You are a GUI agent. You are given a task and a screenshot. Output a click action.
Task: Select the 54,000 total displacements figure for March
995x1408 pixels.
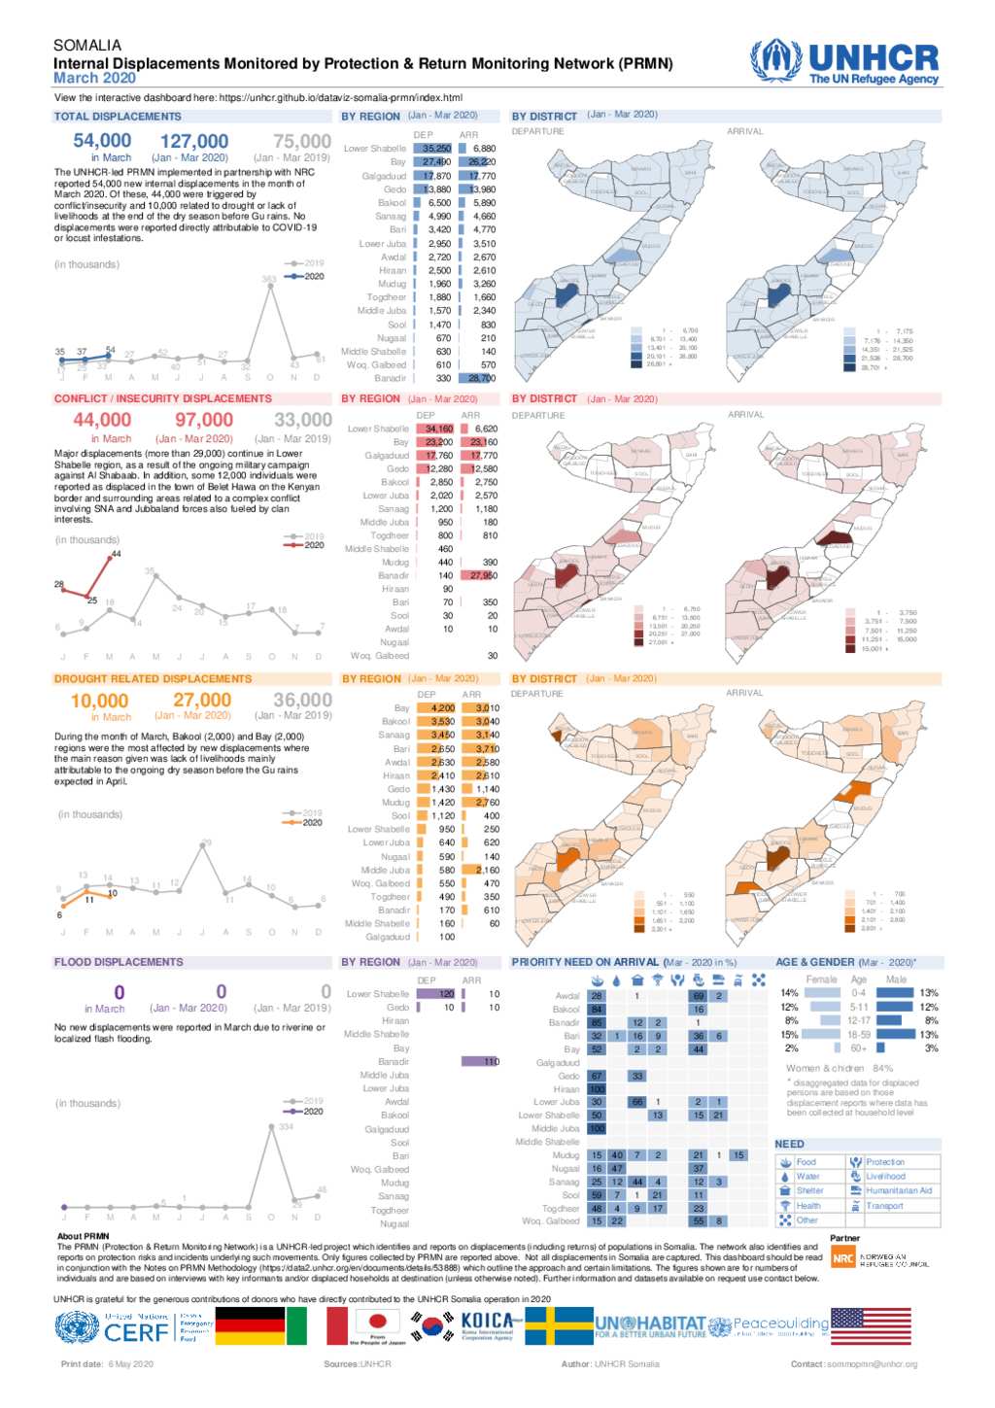pos(102,141)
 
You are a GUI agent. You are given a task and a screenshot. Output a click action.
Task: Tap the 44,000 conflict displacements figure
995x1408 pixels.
pos(102,420)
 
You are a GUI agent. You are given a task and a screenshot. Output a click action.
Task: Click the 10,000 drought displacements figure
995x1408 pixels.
pos(99,701)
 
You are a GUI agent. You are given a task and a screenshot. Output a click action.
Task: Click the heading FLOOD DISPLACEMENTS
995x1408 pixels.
pos(119,962)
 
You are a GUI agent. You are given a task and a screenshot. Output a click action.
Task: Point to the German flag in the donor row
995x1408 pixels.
pos(250,1325)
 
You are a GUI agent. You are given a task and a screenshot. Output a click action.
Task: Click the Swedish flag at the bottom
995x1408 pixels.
pos(559,1325)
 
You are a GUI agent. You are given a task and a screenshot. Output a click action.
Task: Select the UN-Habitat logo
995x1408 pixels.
pos(650,1325)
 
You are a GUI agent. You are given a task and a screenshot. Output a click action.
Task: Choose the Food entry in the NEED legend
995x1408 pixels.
pos(806,1162)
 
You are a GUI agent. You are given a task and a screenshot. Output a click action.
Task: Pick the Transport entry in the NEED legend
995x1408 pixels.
pos(884,1206)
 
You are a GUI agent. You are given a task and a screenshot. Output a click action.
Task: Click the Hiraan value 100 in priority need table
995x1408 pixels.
pos(596,1089)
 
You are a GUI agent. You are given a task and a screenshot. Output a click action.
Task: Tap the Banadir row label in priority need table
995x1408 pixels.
pos(564,1023)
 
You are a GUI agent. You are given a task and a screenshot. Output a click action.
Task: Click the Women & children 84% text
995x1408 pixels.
pos(840,1068)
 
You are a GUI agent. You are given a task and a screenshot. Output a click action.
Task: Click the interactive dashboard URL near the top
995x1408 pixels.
pos(340,97)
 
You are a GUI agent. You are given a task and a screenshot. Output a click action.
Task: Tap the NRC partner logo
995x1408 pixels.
pos(842,1258)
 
